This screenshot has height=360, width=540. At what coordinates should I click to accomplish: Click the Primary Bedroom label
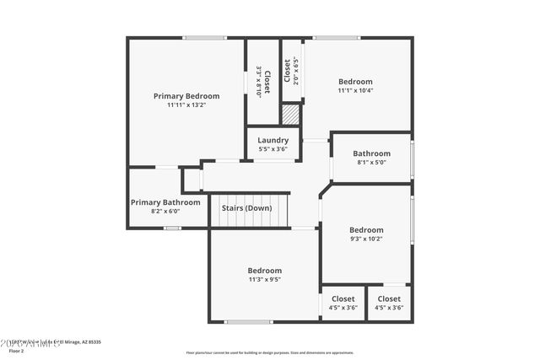click(186, 96)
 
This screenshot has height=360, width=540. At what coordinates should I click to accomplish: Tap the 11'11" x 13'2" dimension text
click(186, 105)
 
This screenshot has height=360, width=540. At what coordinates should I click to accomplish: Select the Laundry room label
click(273, 140)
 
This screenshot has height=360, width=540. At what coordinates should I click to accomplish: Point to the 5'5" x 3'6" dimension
click(273, 149)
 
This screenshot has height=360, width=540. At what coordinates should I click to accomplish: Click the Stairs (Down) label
click(246, 207)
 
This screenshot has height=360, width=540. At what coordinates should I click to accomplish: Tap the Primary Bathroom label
click(165, 202)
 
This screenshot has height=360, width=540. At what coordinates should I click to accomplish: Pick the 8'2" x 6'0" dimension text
click(165, 212)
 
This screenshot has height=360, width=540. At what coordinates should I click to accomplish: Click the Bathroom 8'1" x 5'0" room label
click(371, 153)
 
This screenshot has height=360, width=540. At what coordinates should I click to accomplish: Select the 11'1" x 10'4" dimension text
click(355, 90)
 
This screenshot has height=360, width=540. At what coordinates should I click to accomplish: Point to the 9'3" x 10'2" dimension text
click(366, 239)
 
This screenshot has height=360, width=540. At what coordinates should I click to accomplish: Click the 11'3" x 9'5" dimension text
click(264, 279)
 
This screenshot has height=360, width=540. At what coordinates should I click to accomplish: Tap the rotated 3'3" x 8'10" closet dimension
click(259, 82)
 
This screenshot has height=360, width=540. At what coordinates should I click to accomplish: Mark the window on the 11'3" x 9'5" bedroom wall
click(248, 321)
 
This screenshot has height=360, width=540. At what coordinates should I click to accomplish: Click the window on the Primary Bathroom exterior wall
click(172, 228)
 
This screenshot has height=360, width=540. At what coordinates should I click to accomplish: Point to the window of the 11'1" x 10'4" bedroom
click(337, 38)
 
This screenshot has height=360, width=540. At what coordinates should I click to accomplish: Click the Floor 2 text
click(17, 351)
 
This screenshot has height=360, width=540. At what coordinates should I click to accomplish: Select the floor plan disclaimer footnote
click(270, 352)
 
